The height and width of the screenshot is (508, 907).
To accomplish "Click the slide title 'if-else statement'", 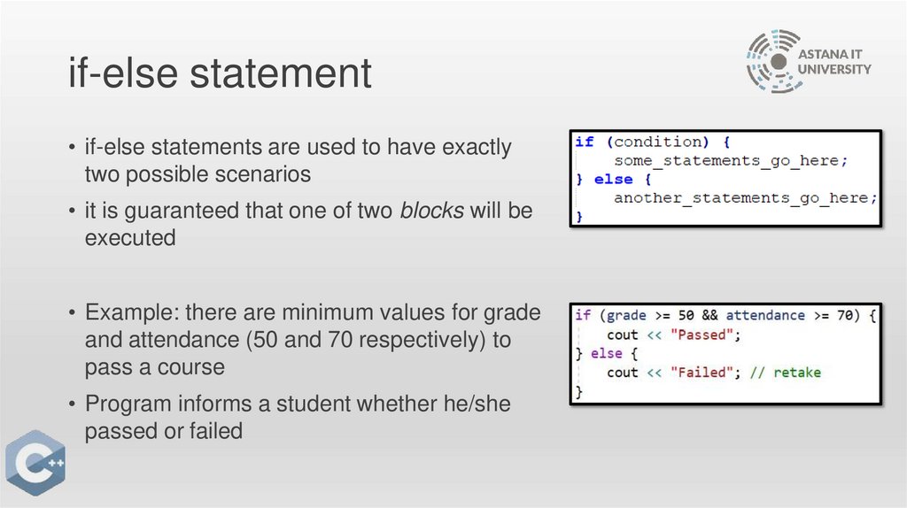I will point(220,73).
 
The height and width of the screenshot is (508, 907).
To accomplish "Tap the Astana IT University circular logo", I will point(775,61).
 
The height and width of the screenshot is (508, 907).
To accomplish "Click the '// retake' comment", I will point(785,373).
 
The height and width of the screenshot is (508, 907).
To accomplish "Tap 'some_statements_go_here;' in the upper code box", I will point(731,160).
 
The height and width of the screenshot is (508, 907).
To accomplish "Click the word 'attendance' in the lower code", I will point(765,315).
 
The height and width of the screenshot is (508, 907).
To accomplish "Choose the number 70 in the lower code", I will point(848,315).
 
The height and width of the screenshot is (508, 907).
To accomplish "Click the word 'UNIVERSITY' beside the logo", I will point(835,69).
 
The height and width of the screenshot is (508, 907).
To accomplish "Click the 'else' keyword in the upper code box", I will point(613,179).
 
